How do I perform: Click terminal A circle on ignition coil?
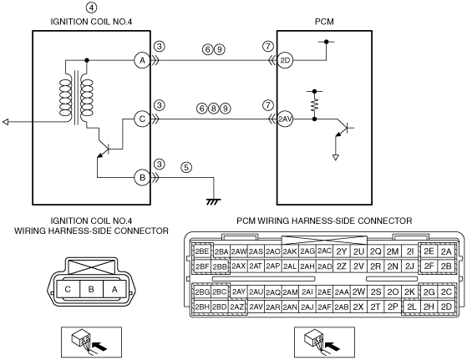(x=142, y=60)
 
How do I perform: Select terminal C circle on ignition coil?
(x=142, y=119)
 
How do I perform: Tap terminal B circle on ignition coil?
(x=142, y=178)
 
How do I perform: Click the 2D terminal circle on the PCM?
(x=285, y=60)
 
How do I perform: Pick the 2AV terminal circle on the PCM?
(x=285, y=119)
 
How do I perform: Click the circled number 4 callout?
(x=91, y=8)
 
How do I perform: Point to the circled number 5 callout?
(x=186, y=167)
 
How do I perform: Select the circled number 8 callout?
(x=214, y=109)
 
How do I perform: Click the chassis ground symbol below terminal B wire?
(x=214, y=201)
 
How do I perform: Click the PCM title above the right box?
(x=324, y=22)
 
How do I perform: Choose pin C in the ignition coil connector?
(x=68, y=289)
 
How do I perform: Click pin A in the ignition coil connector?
(x=114, y=289)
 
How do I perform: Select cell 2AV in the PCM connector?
(x=256, y=307)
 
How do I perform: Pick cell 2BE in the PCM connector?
(x=202, y=251)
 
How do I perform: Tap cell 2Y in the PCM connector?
(x=342, y=251)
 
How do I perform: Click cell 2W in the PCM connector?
(x=358, y=292)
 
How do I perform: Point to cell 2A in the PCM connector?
(x=446, y=251)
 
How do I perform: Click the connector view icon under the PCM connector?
(x=324, y=342)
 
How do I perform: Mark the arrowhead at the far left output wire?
(x=5, y=122)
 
